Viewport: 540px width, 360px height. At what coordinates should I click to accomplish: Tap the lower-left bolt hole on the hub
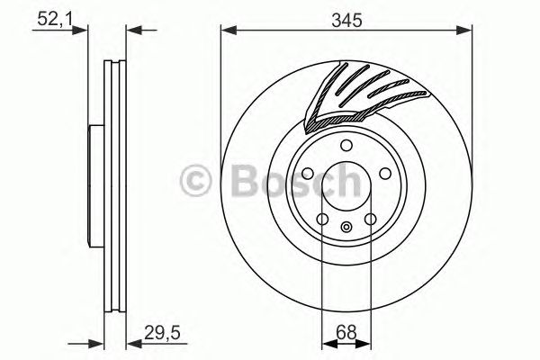tap(323, 219)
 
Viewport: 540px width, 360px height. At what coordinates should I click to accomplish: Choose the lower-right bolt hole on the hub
tap(370, 219)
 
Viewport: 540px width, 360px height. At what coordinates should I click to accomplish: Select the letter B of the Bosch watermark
tap(239, 182)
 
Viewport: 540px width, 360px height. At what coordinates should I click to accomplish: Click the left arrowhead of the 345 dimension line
tap(226, 32)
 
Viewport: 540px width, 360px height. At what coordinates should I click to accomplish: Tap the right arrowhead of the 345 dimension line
tap(467, 32)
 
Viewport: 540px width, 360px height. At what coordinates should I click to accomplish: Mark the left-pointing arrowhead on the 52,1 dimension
tap(130, 32)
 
